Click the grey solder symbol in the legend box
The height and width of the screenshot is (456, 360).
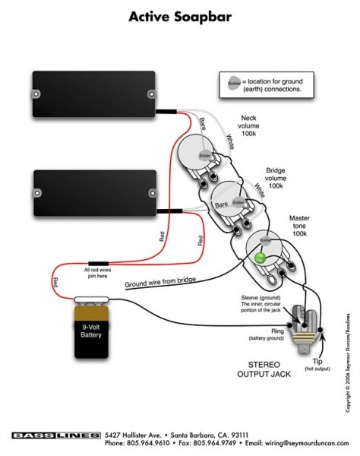pyautogui.click(x=232, y=82)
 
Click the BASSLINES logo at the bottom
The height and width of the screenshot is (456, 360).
pyautogui.click(x=55, y=436)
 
